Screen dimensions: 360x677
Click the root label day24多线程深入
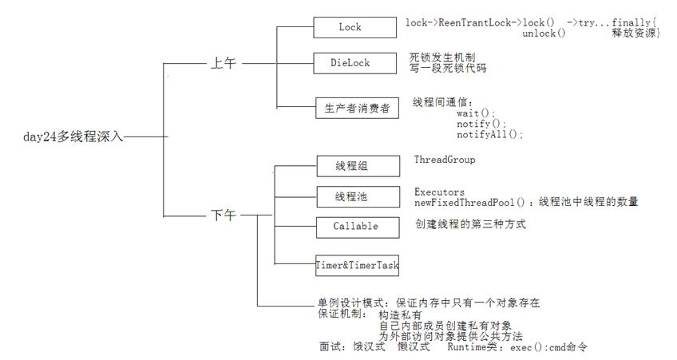[73, 136]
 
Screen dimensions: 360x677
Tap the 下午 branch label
[224, 215]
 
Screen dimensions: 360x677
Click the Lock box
[350, 27]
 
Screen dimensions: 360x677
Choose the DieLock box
[350, 63]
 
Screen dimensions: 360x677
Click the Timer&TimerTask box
[356, 264]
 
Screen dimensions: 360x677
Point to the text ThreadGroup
[445, 160]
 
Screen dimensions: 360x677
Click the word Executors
[439, 192]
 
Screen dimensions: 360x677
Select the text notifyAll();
[490, 135]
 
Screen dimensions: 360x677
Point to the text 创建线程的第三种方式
[470, 225]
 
